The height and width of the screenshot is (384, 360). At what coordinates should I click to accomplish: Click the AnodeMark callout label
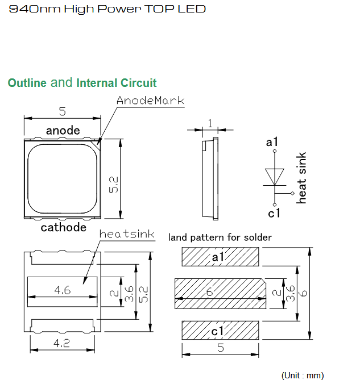point(150,101)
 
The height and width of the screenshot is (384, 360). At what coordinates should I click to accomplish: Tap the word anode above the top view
point(63,130)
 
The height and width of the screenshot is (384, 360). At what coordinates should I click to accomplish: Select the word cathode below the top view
point(64,227)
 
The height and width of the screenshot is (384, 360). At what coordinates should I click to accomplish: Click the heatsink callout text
point(127,234)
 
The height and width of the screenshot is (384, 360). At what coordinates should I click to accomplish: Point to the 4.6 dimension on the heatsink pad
point(63,290)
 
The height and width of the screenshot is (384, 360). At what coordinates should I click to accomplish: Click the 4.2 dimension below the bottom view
point(62,343)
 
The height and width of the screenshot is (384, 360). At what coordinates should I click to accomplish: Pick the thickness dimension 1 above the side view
point(210,123)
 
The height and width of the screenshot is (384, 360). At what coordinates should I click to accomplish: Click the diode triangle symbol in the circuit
point(275,177)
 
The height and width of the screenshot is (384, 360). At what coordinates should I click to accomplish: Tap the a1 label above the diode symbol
point(272,142)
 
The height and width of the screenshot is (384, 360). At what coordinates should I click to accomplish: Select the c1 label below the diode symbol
point(274,213)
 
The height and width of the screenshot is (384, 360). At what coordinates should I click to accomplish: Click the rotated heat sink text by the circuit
point(301,178)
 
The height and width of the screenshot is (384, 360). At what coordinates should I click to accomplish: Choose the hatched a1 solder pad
point(220,257)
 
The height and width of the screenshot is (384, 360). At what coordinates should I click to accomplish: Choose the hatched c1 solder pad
point(220,330)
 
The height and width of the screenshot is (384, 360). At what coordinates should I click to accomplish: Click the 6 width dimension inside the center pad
point(209,292)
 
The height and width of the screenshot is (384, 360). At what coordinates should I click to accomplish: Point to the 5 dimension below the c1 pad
point(221,348)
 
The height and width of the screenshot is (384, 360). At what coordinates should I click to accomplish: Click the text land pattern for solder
point(220,237)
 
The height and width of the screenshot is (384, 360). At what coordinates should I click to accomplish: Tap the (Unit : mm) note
point(303,375)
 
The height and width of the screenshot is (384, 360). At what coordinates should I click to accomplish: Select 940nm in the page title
point(35,9)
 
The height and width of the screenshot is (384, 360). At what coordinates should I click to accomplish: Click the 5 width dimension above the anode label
point(63,111)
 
